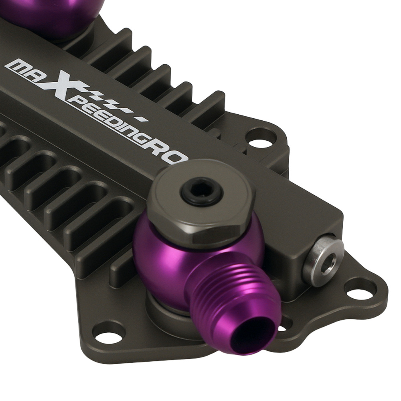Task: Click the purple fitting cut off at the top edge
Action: [60, 14]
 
